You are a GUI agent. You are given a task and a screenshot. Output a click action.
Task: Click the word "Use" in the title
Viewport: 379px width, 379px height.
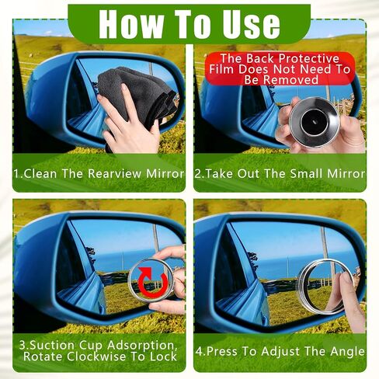251,24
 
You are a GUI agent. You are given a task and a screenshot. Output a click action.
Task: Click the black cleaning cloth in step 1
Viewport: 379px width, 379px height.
137,94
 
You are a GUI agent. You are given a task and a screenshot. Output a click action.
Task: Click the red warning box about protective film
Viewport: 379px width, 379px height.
280,69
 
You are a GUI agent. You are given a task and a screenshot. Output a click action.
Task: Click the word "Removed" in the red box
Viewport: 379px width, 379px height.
293,80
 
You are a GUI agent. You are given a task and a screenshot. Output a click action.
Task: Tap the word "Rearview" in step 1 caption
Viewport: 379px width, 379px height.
115,173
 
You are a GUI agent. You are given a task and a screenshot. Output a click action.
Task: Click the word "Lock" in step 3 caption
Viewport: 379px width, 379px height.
163,356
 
